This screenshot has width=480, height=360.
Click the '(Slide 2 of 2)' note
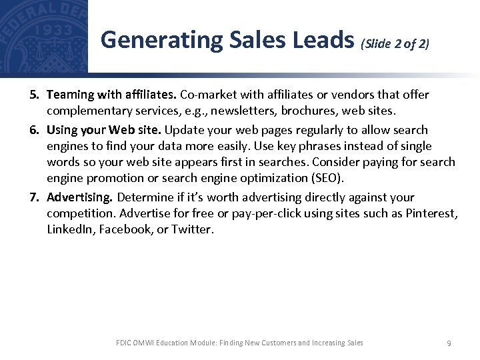pos(395,44)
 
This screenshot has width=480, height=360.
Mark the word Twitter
pos(193,229)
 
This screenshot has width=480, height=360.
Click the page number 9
pos(449,343)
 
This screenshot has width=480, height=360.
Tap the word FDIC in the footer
pos(124,343)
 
